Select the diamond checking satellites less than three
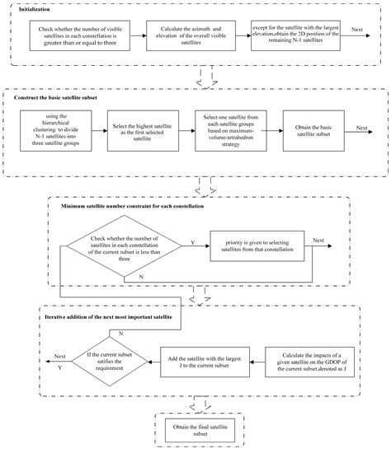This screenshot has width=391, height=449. point(122,245)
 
